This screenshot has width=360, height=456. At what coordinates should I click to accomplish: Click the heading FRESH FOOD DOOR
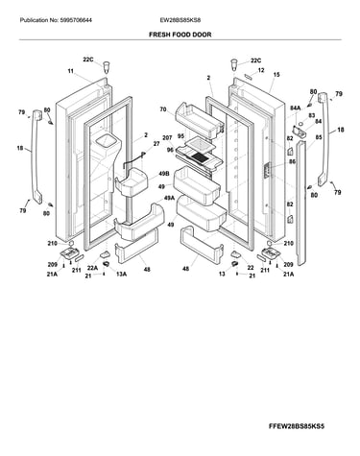[180, 35]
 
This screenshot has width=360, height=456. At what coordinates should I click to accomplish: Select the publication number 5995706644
[76, 20]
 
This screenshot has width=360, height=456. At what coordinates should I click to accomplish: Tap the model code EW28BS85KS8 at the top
[180, 20]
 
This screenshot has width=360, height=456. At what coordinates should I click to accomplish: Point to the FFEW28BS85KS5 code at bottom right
[297, 426]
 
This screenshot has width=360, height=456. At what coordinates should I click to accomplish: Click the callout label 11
[71, 71]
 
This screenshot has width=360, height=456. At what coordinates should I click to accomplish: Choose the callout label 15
[276, 75]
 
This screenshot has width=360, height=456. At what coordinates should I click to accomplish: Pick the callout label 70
[163, 109]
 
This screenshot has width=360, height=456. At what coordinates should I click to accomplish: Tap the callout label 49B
[163, 174]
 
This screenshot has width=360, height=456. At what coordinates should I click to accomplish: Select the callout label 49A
[170, 198]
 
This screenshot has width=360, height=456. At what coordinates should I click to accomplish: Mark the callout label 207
[167, 138]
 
